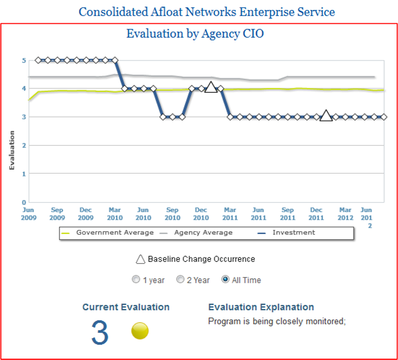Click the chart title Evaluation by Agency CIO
(x=195, y=33)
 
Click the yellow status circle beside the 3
(x=140, y=331)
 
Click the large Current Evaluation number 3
(x=100, y=333)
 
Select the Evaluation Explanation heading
(x=261, y=307)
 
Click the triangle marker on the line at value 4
(x=211, y=88)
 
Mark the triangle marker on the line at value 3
(x=326, y=116)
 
